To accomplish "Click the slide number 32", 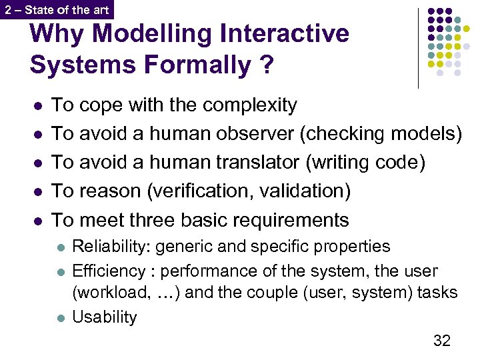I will coord(442,341).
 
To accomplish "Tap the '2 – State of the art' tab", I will coord(56,9).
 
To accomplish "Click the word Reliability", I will coord(110,246).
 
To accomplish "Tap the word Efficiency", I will coord(108,271).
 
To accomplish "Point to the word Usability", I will coord(104,317).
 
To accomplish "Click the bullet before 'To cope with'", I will coord(37,106).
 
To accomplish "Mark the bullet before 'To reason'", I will coord(37,192).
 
